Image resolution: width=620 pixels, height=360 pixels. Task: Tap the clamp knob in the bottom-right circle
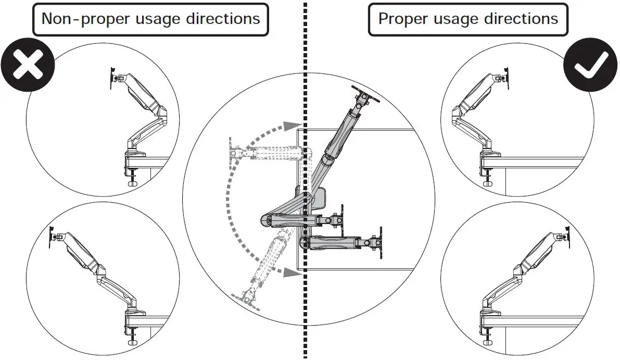[x=488, y=340]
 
